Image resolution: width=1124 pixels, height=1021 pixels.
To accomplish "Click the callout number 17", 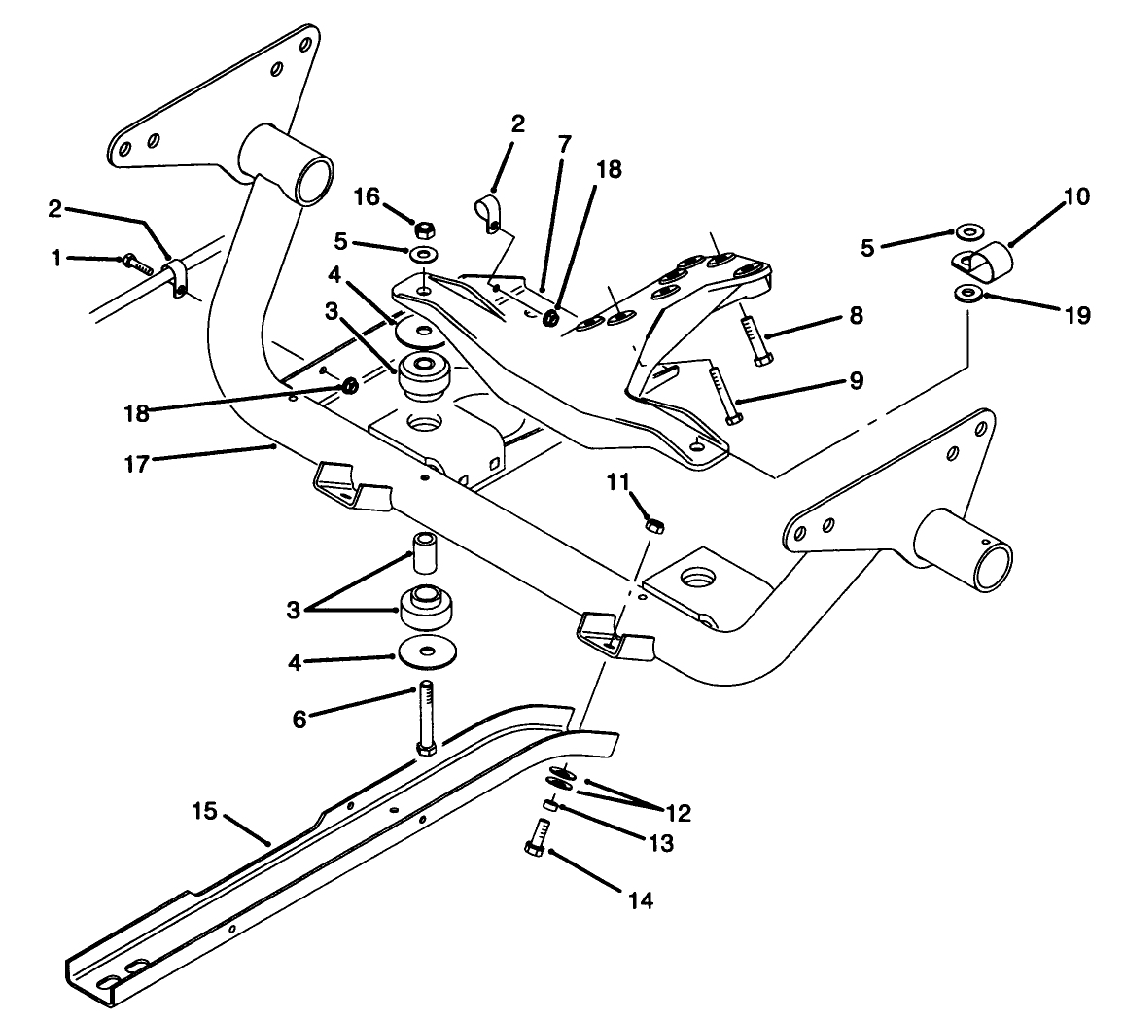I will pyautogui.click(x=136, y=464).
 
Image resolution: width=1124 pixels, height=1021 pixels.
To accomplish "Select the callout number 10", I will pyautogui.click(x=1076, y=197).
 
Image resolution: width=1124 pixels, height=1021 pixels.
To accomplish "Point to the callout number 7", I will pyautogui.click(x=564, y=144).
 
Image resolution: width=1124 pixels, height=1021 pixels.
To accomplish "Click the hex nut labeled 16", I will pyautogui.click(x=423, y=231).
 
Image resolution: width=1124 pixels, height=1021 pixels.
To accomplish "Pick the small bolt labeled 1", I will pyautogui.click(x=135, y=262).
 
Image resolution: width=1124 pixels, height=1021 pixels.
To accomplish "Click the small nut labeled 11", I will pyautogui.click(x=654, y=525).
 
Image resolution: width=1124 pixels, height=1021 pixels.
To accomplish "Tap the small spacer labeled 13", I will pyautogui.click(x=549, y=804).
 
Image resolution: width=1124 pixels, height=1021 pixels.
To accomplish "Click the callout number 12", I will pyautogui.click(x=678, y=813).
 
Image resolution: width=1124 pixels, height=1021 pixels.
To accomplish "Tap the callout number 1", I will pyautogui.click(x=56, y=258).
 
